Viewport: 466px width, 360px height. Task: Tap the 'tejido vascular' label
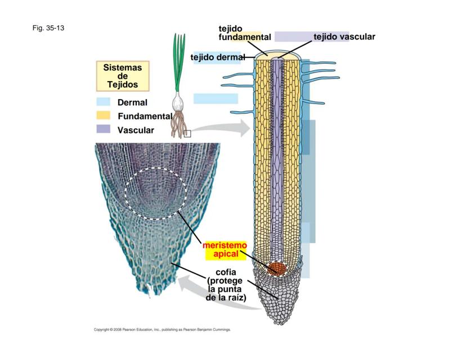(344, 37)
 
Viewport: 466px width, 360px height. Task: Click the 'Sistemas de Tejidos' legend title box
(122, 76)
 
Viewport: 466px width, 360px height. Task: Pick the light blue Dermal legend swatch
(103, 102)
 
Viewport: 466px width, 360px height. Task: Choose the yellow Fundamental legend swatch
(103, 116)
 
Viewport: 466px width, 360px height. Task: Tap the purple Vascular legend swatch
(103, 129)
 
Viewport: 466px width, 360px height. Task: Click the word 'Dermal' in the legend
(132, 103)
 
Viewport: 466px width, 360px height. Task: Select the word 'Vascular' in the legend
(136, 130)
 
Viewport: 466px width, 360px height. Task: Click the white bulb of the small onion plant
(179, 103)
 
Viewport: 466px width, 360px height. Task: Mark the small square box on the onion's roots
(187, 133)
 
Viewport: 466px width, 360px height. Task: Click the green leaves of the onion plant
(179, 62)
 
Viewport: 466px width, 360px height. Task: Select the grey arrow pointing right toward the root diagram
(225, 128)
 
